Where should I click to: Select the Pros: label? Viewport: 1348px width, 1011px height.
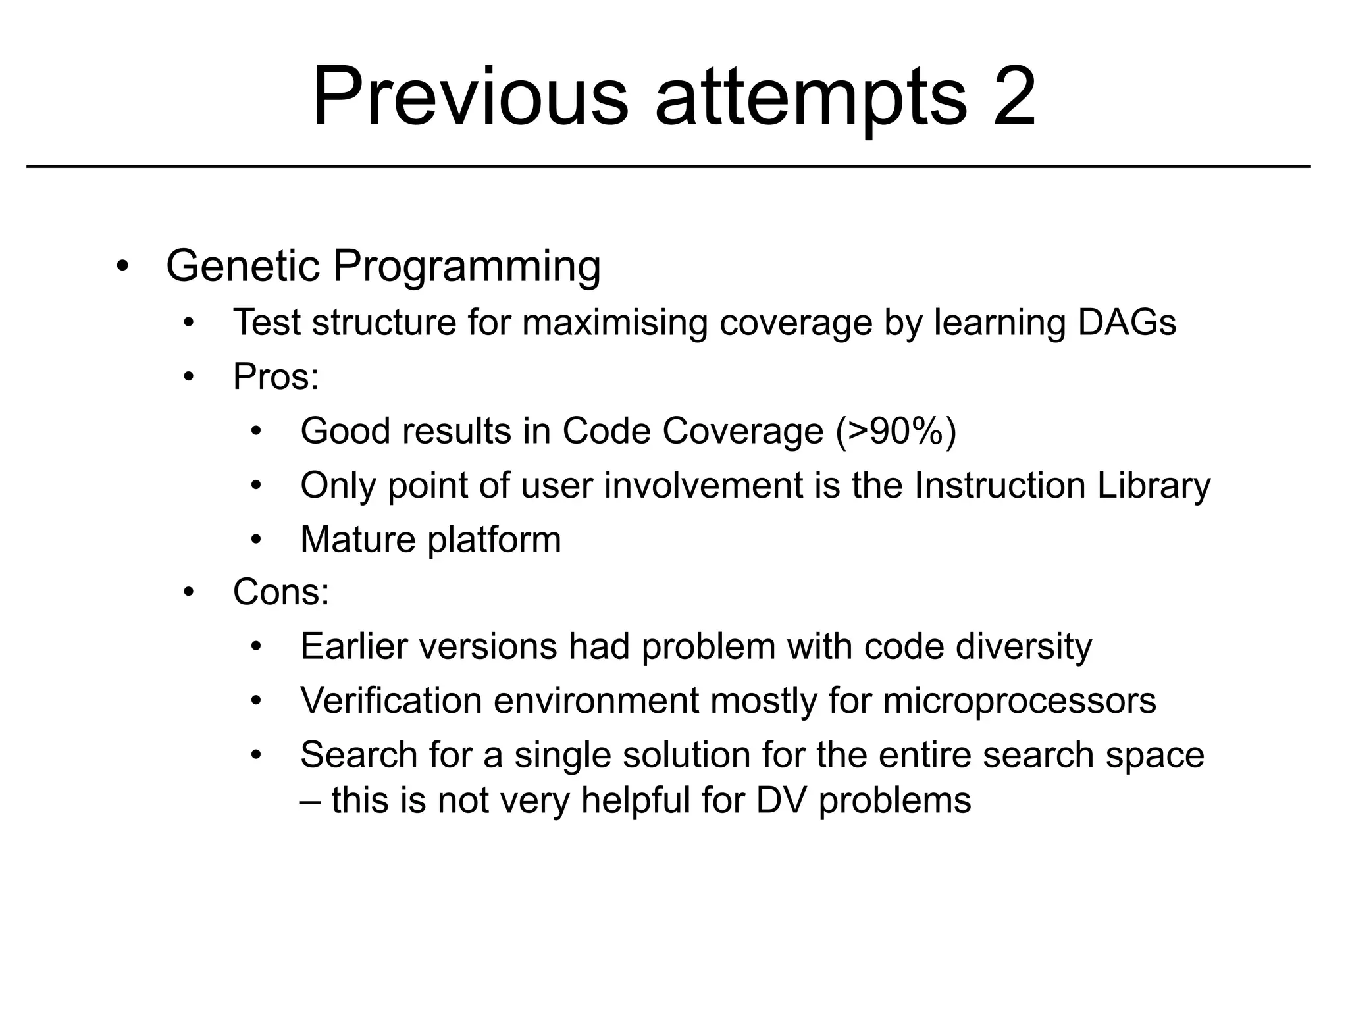coord(276,377)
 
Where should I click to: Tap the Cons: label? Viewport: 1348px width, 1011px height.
coord(281,592)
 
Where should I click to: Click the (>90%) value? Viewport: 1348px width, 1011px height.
coord(896,431)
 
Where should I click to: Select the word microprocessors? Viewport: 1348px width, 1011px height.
coord(1019,700)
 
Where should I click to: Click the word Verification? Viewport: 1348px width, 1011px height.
coord(391,700)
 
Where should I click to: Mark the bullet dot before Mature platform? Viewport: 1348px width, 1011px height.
coord(256,540)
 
